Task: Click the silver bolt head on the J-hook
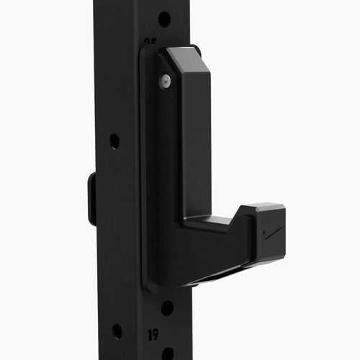[166, 81]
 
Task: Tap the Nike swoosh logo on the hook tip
[274, 233]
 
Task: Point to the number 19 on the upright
[153, 334]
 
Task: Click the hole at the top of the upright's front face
[164, 18]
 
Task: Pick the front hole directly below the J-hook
[167, 307]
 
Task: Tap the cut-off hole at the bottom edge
[167, 354]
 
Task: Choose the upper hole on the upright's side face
[114, 141]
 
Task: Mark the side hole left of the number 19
[117, 331]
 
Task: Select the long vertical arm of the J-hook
[196, 144]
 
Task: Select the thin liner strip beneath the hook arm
[216, 276]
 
